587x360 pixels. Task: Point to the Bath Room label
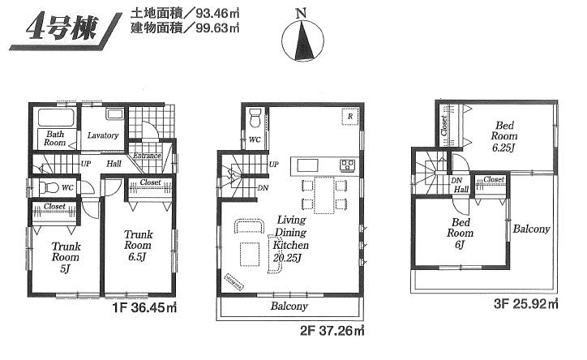(x=55, y=138)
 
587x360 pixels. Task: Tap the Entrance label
(x=147, y=156)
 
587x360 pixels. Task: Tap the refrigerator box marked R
(x=349, y=116)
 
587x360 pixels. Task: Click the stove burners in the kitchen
(x=347, y=165)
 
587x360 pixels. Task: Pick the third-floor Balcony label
(x=531, y=229)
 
